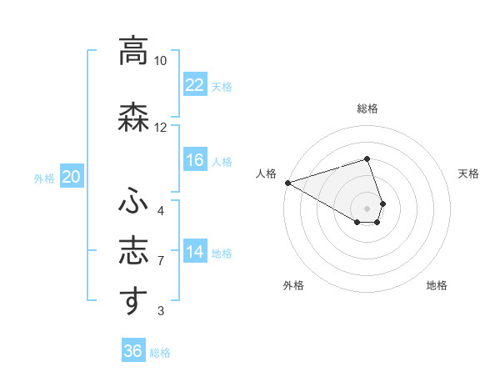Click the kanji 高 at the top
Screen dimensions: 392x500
[133, 51]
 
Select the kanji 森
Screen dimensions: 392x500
[133, 118]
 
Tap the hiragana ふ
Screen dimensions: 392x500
[133, 200]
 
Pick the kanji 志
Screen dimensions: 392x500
[133, 251]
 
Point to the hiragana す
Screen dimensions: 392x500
[133, 301]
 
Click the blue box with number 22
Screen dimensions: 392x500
[194, 85]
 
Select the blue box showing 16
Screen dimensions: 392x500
[194, 160]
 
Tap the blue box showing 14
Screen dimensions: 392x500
[194, 252]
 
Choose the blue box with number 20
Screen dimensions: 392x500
[72, 176]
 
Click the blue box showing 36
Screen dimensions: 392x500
[132, 351]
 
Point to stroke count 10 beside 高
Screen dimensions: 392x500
[160, 61]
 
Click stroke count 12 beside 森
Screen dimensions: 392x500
[160, 128]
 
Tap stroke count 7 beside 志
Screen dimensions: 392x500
[160, 261]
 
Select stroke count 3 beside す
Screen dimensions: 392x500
[160, 311]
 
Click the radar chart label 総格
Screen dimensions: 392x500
[367, 108]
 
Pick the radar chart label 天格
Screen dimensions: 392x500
[468, 173]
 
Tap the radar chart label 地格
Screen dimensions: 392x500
[437, 285]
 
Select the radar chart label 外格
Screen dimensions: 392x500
[293, 285]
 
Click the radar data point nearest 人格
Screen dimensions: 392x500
[287, 182]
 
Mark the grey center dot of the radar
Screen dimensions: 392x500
[367, 207]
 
